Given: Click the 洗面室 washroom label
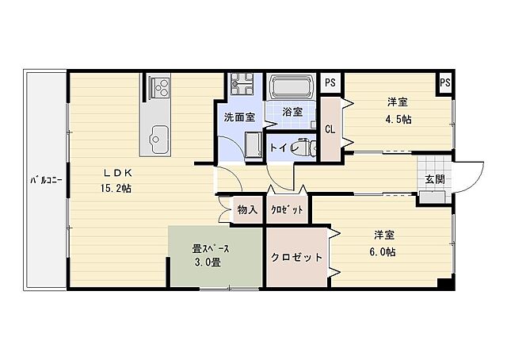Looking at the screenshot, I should pyautogui.click(x=239, y=117).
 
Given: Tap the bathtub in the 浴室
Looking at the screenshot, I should pyautogui.click(x=293, y=86).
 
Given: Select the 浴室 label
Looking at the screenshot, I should pyautogui.click(x=292, y=112).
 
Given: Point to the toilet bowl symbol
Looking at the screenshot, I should pyautogui.click(x=310, y=145).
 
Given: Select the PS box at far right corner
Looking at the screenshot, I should pyautogui.click(x=445, y=82).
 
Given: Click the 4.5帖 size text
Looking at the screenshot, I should pyautogui.click(x=398, y=119).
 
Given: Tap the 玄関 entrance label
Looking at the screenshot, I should pyautogui.click(x=434, y=178).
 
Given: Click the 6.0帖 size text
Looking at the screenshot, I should pyautogui.click(x=385, y=251).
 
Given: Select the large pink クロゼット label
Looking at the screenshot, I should pyautogui.click(x=296, y=258).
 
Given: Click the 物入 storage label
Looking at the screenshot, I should pyautogui.click(x=247, y=210).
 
